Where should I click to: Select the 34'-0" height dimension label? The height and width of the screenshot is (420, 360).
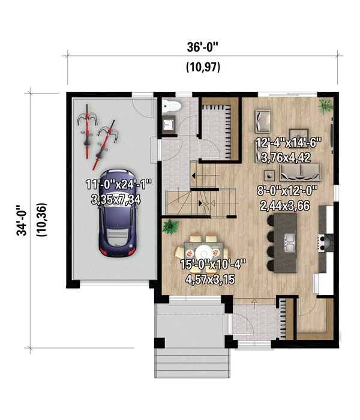pos(23,221)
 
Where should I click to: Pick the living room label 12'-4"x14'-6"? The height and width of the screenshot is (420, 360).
pos(289,142)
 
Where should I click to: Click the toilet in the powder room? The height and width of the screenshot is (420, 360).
pos(172,107)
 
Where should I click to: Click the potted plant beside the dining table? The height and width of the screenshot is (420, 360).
pos(171,227)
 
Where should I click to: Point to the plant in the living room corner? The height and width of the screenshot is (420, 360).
pos(325,107)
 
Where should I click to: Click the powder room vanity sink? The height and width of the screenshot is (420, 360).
pos(167,124)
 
